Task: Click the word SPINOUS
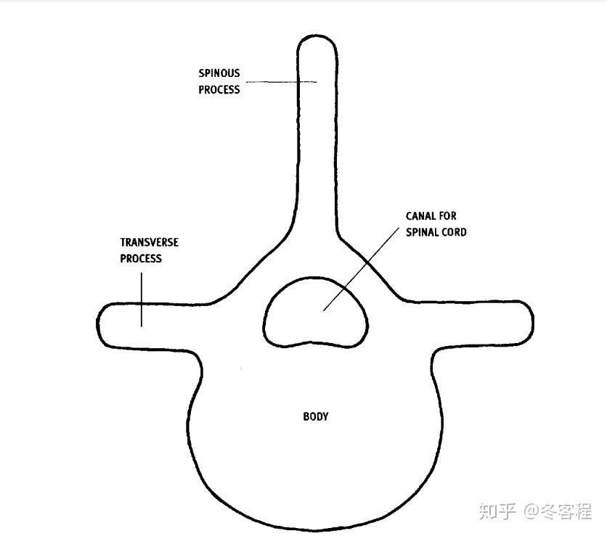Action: pyautogui.click(x=219, y=73)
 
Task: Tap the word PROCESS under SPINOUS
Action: pyautogui.click(x=219, y=90)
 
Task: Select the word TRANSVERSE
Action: pyautogui.click(x=149, y=242)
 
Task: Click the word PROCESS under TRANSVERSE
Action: pyautogui.click(x=141, y=258)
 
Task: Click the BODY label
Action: pyautogui.click(x=316, y=416)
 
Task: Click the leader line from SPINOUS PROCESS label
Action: pyautogui.click(x=282, y=82)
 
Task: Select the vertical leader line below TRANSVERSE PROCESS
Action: pyautogui.click(x=142, y=300)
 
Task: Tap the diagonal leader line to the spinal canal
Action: pyautogui.click(x=361, y=269)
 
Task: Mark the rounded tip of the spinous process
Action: pyautogui.click(x=317, y=36)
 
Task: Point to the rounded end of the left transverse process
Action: pyautogui.click(x=98, y=324)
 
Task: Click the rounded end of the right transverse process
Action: pyautogui.click(x=532, y=321)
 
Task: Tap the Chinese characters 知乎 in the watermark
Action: pyautogui.click(x=497, y=511)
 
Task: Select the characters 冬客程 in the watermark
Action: pyautogui.click(x=566, y=511)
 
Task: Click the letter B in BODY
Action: pyautogui.click(x=306, y=416)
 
